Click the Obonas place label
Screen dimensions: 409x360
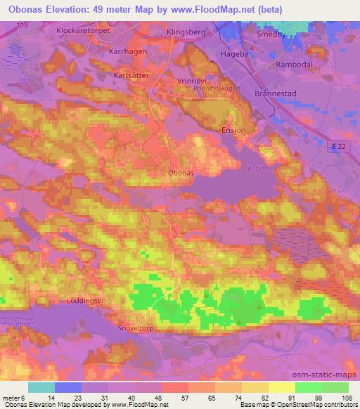coord(181,172)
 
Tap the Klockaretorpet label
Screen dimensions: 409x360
coord(84,32)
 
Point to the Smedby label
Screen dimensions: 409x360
coord(272,33)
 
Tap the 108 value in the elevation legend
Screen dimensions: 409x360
coord(346,398)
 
